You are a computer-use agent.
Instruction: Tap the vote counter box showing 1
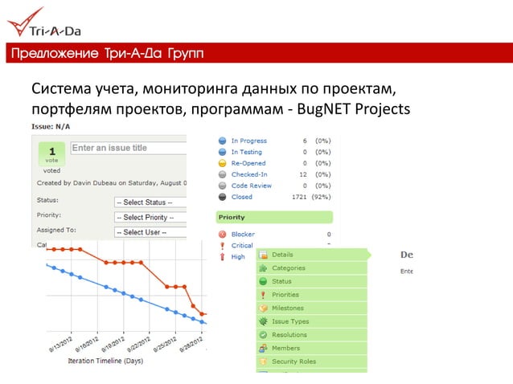click(x=51, y=155)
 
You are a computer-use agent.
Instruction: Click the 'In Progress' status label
click(x=248, y=141)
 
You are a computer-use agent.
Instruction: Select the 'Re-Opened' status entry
click(x=248, y=163)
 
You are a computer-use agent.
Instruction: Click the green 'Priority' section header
click(x=274, y=217)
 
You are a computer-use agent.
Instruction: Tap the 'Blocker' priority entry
click(x=243, y=235)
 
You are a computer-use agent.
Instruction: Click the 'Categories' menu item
click(x=288, y=268)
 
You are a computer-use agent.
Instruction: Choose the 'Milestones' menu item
click(x=287, y=308)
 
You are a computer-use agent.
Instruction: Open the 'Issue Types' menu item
click(x=289, y=321)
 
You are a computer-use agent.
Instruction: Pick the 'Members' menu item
click(x=285, y=349)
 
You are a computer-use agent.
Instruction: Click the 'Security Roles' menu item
click(x=293, y=362)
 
